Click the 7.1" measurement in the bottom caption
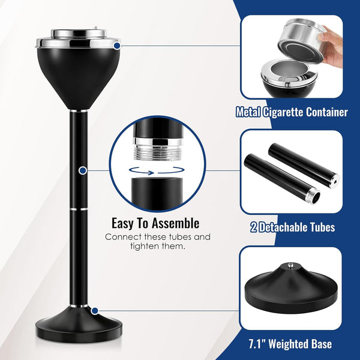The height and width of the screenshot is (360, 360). coord(259,344)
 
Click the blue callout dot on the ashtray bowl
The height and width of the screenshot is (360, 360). coord(116,45)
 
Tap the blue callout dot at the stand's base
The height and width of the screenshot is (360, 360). coord(95,310)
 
